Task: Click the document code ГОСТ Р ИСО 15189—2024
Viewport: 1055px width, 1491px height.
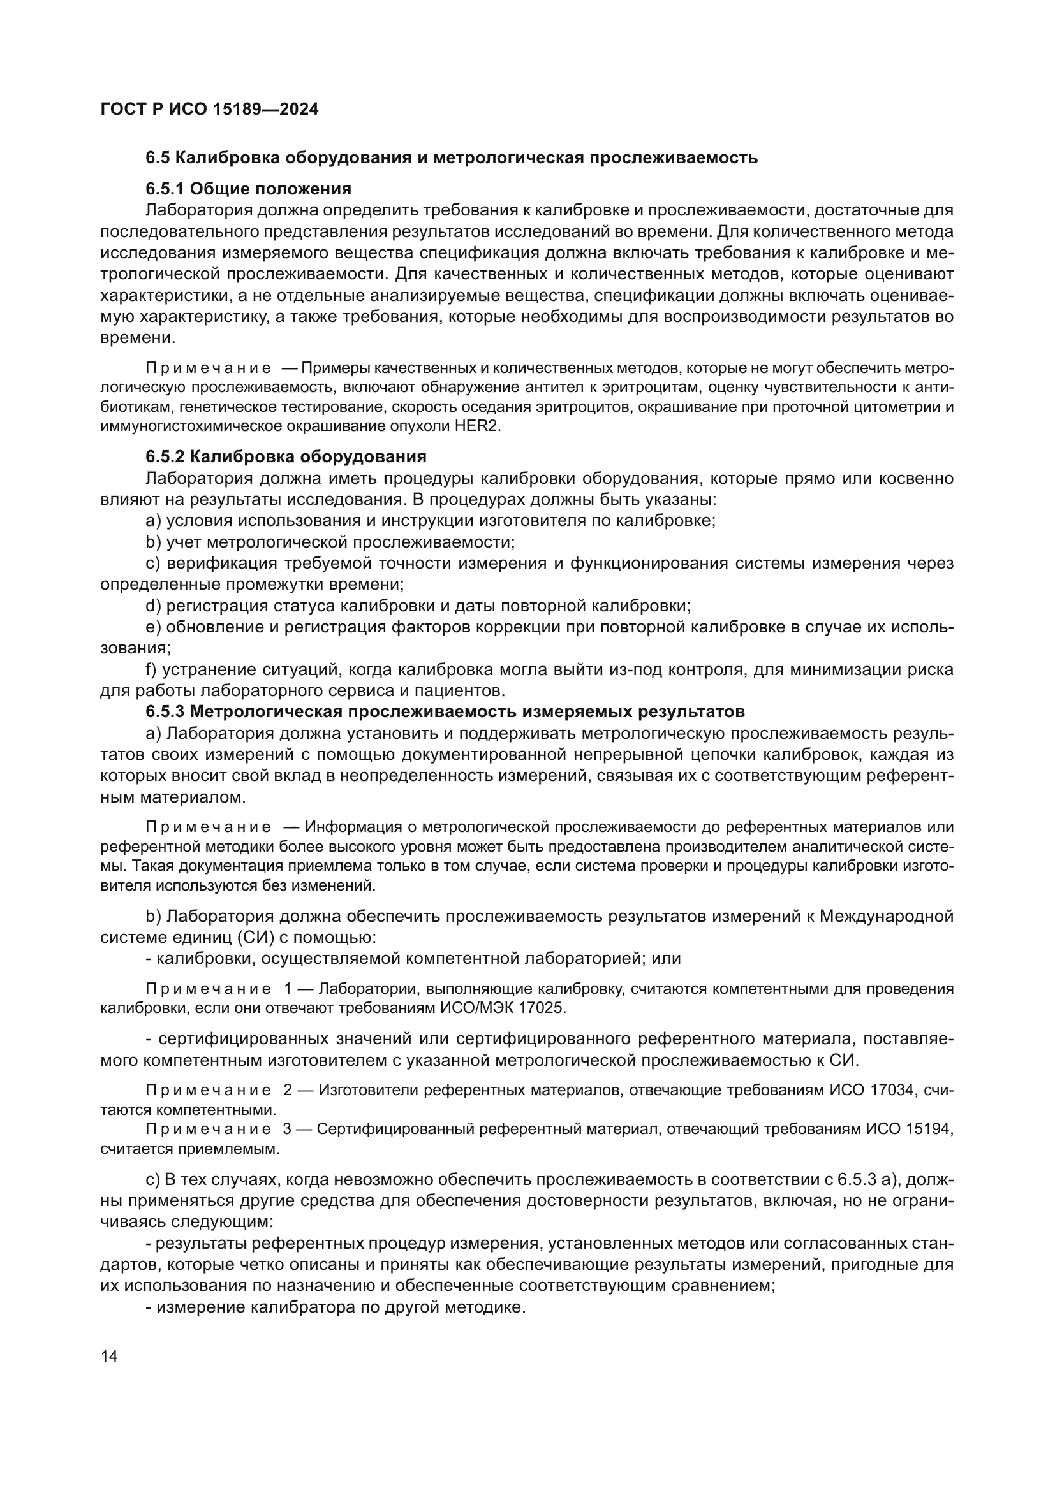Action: click(x=209, y=109)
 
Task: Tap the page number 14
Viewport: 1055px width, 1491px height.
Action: click(x=110, y=1356)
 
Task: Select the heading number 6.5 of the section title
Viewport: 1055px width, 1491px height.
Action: click(x=158, y=158)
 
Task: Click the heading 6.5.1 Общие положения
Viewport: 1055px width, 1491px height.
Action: click(x=248, y=189)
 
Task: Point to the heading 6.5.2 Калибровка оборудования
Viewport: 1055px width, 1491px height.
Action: click(x=286, y=456)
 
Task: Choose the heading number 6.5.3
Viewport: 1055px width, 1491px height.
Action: click(x=165, y=712)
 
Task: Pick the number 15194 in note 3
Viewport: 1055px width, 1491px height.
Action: click(x=927, y=1129)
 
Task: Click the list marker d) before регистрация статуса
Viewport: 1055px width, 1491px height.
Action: click(x=152, y=606)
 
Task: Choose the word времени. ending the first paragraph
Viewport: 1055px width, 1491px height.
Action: click(x=138, y=338)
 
